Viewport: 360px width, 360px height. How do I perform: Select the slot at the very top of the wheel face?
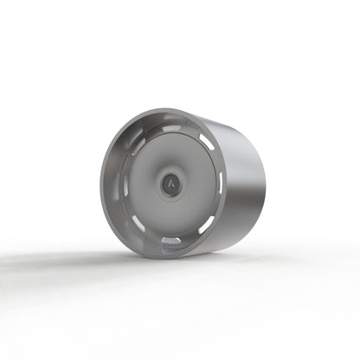(173, 127)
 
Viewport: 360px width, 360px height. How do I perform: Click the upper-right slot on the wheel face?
(206, 142)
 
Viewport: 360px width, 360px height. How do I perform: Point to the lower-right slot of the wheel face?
(207, 223)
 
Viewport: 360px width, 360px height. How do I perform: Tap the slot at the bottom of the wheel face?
(172, 240)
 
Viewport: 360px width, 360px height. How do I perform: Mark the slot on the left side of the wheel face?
(125, 183)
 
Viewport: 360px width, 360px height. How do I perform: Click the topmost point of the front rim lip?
(169, 109)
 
